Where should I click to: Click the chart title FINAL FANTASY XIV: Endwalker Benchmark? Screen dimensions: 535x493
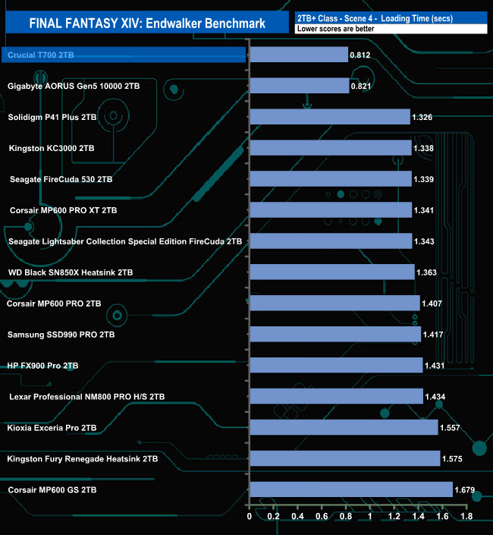point(148,24)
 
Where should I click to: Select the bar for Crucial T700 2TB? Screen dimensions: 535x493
point(298,55)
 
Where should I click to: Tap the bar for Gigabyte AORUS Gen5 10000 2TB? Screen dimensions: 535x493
point(299,86)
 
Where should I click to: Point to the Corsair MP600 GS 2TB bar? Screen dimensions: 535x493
point(351,489)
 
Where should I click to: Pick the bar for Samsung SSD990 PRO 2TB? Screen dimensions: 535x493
point(334,334)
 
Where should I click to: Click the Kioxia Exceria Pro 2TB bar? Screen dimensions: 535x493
point(344,427)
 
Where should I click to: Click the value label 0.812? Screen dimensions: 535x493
point(360,55)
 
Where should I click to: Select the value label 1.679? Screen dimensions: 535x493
point(465,489)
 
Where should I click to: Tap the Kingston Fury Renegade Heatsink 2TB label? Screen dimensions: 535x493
point(83,458)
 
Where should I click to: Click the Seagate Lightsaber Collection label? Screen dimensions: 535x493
point(125,241)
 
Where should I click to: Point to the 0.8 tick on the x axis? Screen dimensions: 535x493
point(346,518)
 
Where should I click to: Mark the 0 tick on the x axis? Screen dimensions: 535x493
point(250,518)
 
